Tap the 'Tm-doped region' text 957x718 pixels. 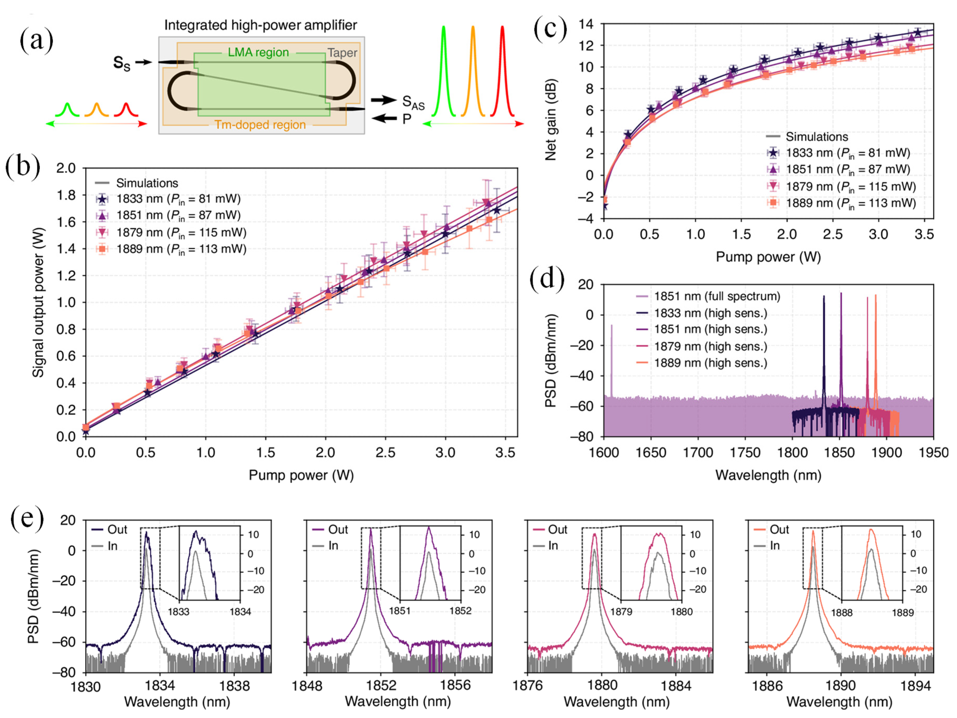[x=260, y=125]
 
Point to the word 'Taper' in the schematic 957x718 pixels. [x=342, y=53]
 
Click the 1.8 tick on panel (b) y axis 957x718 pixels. [x=66, y=195]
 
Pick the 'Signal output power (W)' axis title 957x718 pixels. [x=38, y=302]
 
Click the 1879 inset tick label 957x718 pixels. [x=621, y=612]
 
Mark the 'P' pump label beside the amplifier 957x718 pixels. [x=406, y=119]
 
